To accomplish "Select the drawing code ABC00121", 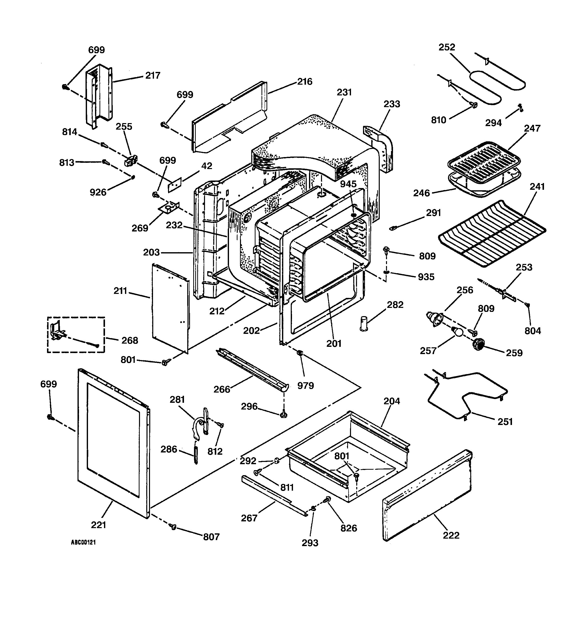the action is (x=83, y=542).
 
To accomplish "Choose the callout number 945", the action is (x=348, y=184).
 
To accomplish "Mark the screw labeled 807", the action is (x=173, y=527).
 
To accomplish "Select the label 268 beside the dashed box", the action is (x=129, y=340).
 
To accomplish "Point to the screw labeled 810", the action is (x=474, y=106).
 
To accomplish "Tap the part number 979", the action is (x=305, y=386).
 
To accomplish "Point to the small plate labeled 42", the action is (x=175, y=185).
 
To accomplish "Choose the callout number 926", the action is (x=98, y=193).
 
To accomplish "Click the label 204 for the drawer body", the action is (x=392, y=401).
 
